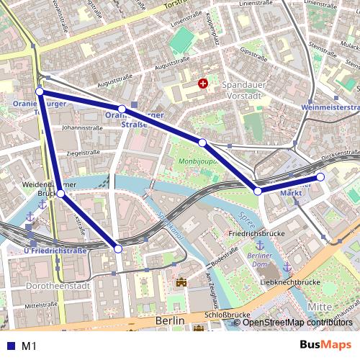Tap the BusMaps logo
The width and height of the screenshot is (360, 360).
click(x=326, y=346)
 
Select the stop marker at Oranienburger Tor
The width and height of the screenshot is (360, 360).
click(x=40, y=92)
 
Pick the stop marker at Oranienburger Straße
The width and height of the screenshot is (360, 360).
click(x=122, y=109)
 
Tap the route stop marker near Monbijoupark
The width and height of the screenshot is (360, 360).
click(x=203, y=143)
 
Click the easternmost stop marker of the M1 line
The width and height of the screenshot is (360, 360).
click(x=320, y=176)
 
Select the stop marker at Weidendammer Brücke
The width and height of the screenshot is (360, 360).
click(x=60, y=194)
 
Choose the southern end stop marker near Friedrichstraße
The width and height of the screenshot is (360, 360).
click(x=118, y=248)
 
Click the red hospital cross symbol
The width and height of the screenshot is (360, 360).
click(x=203, y=84)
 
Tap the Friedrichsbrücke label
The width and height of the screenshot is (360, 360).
click(x=253, y=235)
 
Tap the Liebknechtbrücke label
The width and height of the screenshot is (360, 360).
click(x=289, y=283)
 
